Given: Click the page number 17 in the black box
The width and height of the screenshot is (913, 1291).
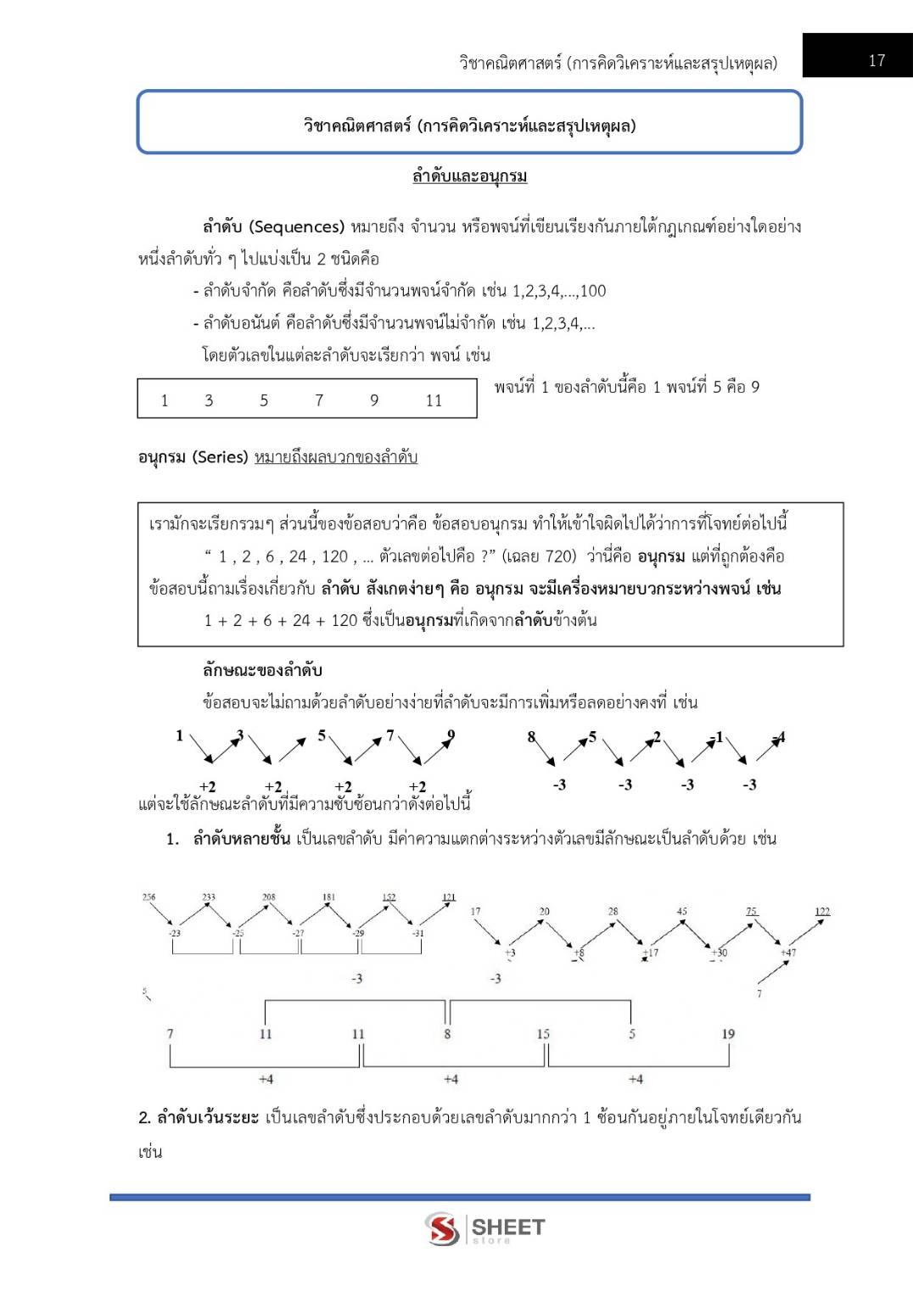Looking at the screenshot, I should click(877, 60).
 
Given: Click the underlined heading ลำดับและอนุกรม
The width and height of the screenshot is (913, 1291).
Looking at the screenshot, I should click(469, 176).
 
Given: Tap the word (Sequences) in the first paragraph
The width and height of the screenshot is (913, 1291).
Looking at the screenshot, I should click(296, 226).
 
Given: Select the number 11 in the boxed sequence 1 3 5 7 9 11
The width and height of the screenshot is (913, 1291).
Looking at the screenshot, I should click(434, 400).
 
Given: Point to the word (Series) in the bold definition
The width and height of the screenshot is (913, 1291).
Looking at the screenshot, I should click(220, 457).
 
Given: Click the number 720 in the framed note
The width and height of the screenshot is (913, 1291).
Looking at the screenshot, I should click(560, 556).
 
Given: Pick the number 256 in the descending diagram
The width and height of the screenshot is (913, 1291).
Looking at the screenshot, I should click(148, 897).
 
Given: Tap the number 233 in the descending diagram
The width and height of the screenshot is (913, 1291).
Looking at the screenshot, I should click(209, 897).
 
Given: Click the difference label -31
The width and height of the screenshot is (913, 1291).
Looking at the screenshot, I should click(417, 933).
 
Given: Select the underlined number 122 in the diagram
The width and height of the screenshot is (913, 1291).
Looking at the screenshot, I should click(822, 912).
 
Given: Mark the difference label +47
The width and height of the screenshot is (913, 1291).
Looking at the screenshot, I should click(788, 953).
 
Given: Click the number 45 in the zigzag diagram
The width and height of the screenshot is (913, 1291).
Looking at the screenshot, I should click(682, 912).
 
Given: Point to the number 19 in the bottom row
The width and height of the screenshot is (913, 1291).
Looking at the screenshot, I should click(728, 1034).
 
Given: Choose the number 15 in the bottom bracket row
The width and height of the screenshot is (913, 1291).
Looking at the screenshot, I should click(543, 1034).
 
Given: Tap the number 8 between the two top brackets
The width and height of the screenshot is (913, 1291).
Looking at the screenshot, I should click(447, 1034).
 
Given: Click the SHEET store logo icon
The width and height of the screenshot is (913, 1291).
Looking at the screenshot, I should click(442, 1228).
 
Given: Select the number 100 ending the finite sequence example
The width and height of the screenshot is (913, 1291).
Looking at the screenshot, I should click(593, 291).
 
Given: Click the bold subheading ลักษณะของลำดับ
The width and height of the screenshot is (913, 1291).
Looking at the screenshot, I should click(262, 670).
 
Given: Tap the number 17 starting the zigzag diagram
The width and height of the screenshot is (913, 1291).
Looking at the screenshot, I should click(475, 912).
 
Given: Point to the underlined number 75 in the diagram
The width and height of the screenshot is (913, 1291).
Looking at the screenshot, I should click(751, 912).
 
